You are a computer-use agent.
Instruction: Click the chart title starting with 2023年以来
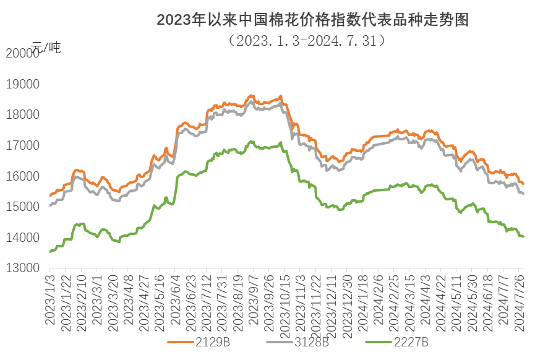(x=312, y=20)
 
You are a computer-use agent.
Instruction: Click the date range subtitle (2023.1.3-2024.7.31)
(x=307, y=40)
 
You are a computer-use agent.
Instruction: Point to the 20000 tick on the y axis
(x=22, y=54)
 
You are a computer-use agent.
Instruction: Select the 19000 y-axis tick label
(x=22, y=85)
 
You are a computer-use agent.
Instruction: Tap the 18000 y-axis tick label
(x=22, y=115)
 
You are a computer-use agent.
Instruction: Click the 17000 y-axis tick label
(x=22, y=146)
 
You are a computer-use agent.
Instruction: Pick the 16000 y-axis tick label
(x=22, y=176)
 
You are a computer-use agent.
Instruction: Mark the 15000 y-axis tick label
(x=22, y=207)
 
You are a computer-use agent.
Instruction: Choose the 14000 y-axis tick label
(x=22, y=238)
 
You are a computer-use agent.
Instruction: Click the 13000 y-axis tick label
(x=22, y=268)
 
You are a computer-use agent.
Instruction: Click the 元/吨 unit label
(x=47, y=47)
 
